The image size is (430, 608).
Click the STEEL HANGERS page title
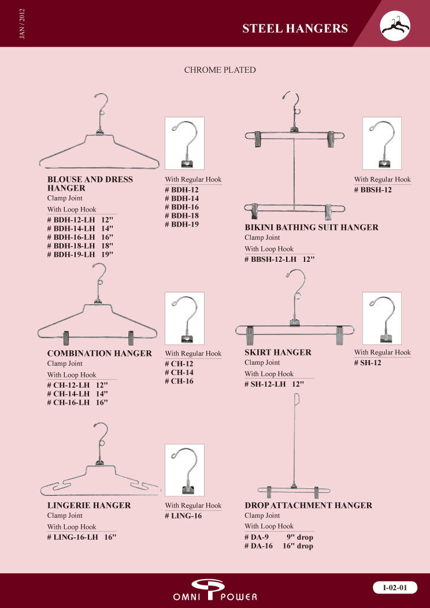click(295, 28)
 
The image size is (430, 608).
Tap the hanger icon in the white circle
click(395, 26)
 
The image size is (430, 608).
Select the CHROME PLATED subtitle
click(220, 70)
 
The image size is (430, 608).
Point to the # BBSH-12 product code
click(373, 190)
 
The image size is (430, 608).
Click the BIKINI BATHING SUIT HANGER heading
click(312, 227)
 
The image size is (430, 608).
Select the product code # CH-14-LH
click(68, 394)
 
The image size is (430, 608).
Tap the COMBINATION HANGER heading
click(99, 353)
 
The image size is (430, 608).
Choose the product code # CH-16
click(179, 381)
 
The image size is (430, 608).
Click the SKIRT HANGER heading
click(278, 352)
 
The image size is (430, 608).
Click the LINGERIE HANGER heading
click(89, 505)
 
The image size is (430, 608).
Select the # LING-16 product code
click(183, 516)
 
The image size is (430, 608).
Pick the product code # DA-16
click(258, 546)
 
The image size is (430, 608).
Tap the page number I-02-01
click(395, 588)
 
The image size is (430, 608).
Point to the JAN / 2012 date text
click(21, 24)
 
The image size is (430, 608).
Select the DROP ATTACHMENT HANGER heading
click(308, 505)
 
